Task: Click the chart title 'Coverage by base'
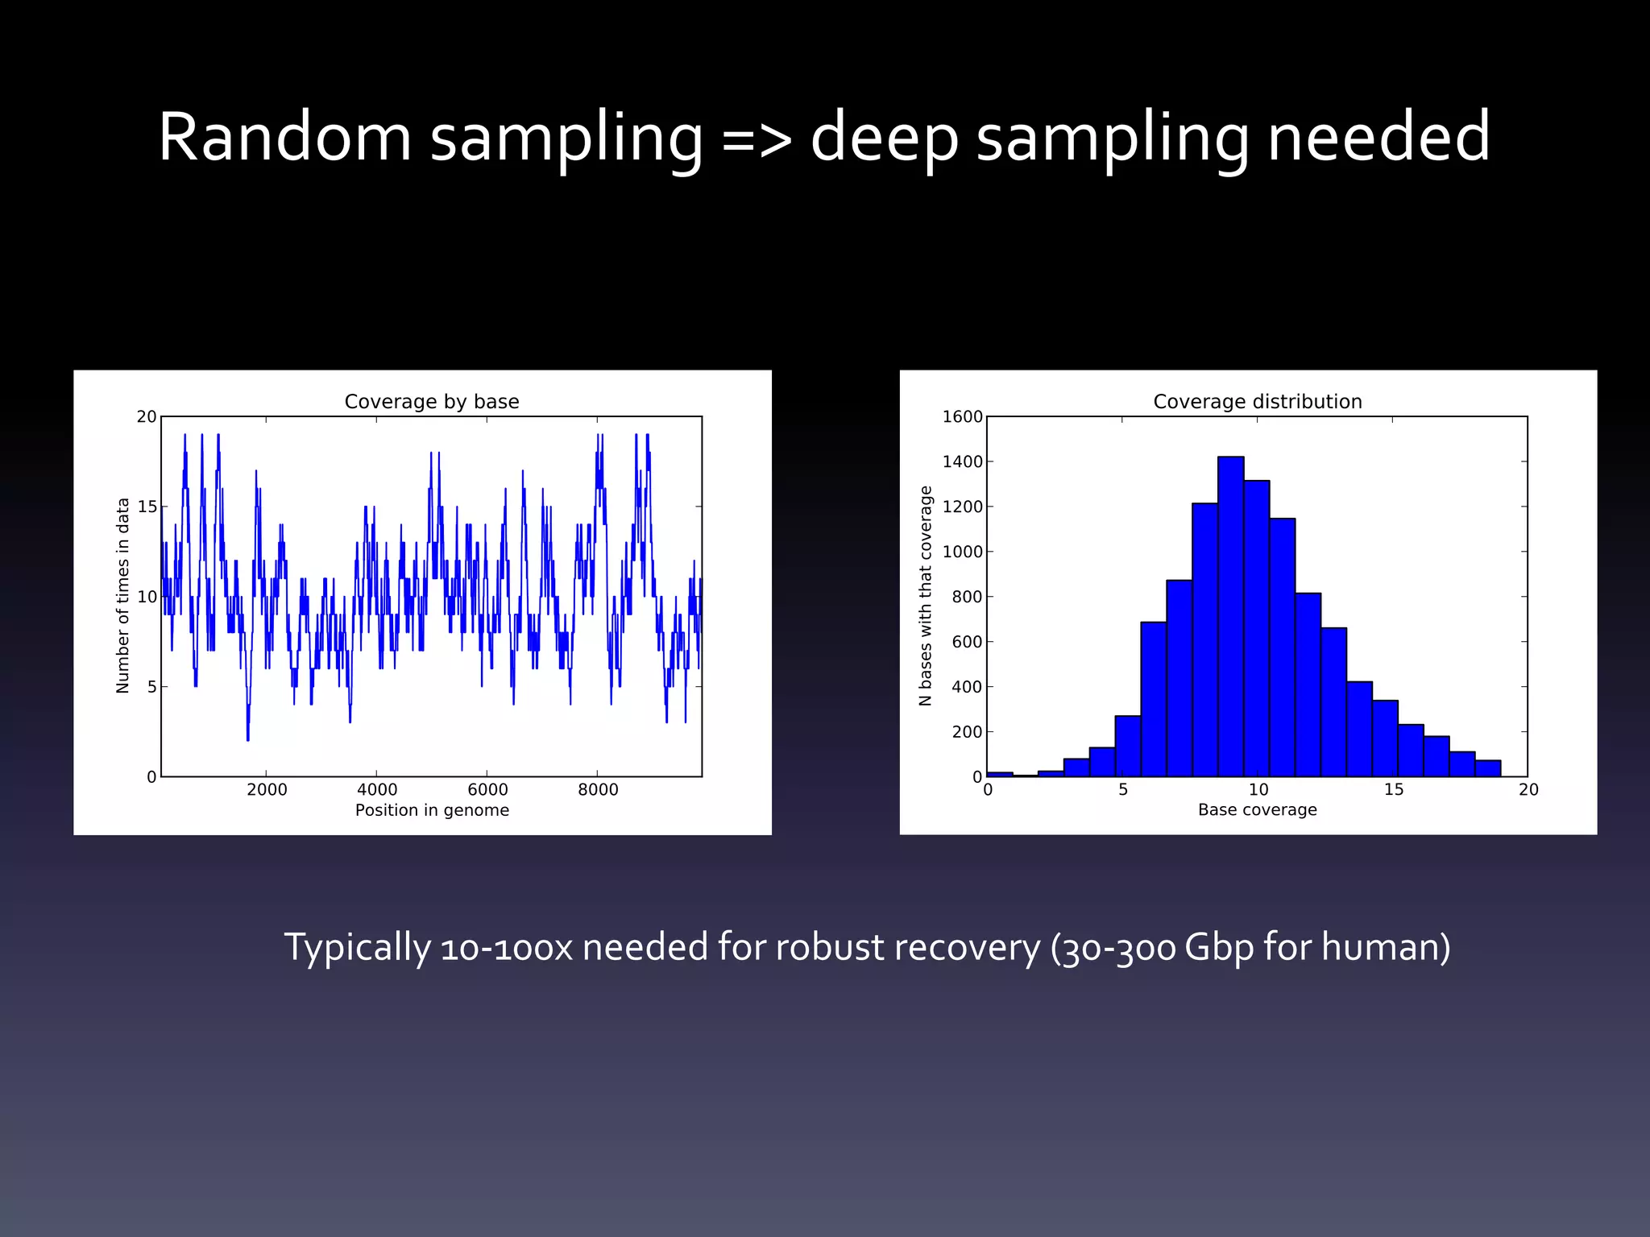tap(432, 401)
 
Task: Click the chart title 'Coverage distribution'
tap(1257, 401)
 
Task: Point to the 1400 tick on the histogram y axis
tap(963, 461)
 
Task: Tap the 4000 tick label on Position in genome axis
tap(377, 789)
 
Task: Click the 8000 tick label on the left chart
tap(598, 789)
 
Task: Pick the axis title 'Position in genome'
tap(432, 810)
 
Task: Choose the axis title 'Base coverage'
tap(1257, 810)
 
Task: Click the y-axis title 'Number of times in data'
tap(122, 595)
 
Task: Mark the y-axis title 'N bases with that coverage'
tap(925, 596)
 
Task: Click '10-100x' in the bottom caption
tap(507, 947)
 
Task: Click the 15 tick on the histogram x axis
tap(1394, 789)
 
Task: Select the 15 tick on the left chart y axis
tap(147, 507)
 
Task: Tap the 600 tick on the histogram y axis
tap(967, 642)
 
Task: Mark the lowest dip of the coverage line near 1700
tap(247, 738)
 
